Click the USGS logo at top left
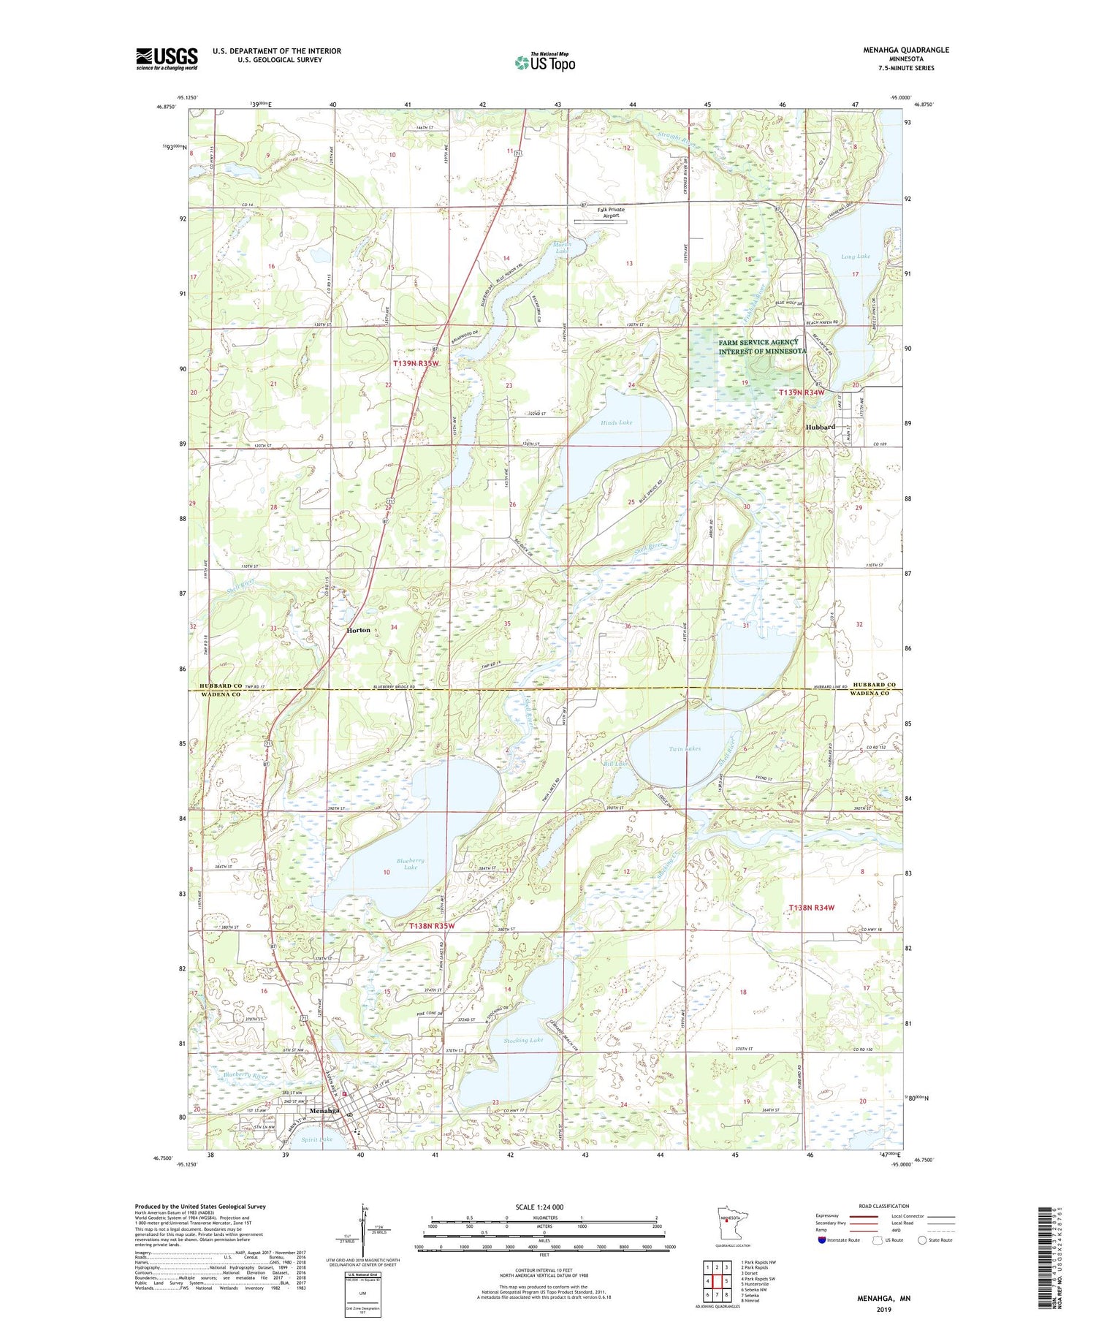[x=167, y=58]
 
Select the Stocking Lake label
[x=523, y=1040]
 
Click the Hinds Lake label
[x=617, y=422]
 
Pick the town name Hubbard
[x=820, y=427]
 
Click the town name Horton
[x=358, y=630]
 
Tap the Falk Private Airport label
[x=611, y=212]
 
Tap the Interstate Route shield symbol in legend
[x=822, y=1239]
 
